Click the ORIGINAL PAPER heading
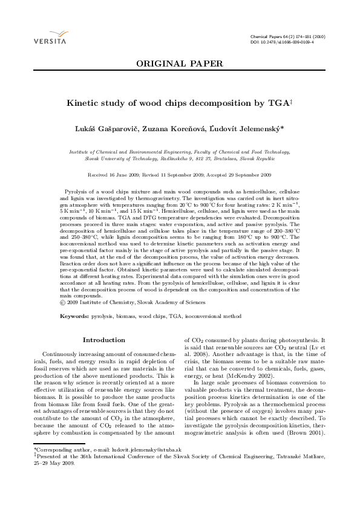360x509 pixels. (x=179, y=63)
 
